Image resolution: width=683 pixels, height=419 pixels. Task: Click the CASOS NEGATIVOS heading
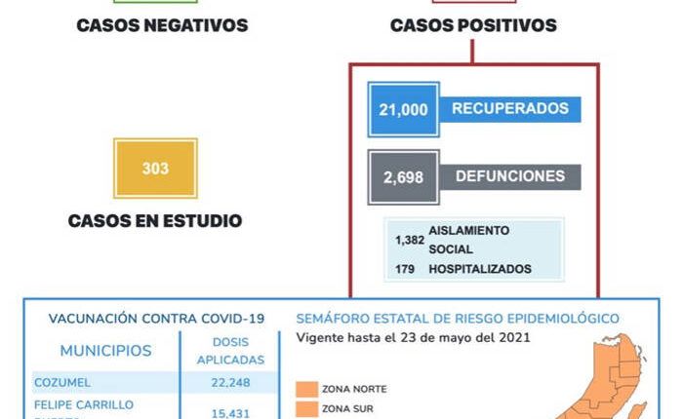pyautogui.click(x=162, y=25)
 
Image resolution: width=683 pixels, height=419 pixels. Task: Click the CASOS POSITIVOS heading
pyautogui.click(x=473, y=25)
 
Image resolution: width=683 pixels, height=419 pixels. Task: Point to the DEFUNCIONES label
pyautogui.click(x=509, y=176)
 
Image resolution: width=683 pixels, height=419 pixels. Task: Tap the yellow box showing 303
pyautogui.click(x=155, y=169)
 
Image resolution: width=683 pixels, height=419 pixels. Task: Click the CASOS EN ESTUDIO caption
pyautogui.click(x=155, y=221)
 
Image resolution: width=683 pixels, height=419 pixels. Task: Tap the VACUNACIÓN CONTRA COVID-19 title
pyautogui.click(x=156, y=319)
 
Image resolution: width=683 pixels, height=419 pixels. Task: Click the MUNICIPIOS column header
pyautogui.click(x=105, y=351)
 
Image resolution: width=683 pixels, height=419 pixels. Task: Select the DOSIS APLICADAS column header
pyautogui.click(x=230, y=352)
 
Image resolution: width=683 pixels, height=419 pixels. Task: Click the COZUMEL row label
pyautogui.click(x=64, y=382)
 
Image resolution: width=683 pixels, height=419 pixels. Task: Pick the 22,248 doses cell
pyautogui.click(x=230, y=382)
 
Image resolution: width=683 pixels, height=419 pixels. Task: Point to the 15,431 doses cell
pyautogui.click(x=230, y=413)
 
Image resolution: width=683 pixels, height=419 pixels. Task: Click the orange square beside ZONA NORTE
pyautogui.click(x=307, y=390)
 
